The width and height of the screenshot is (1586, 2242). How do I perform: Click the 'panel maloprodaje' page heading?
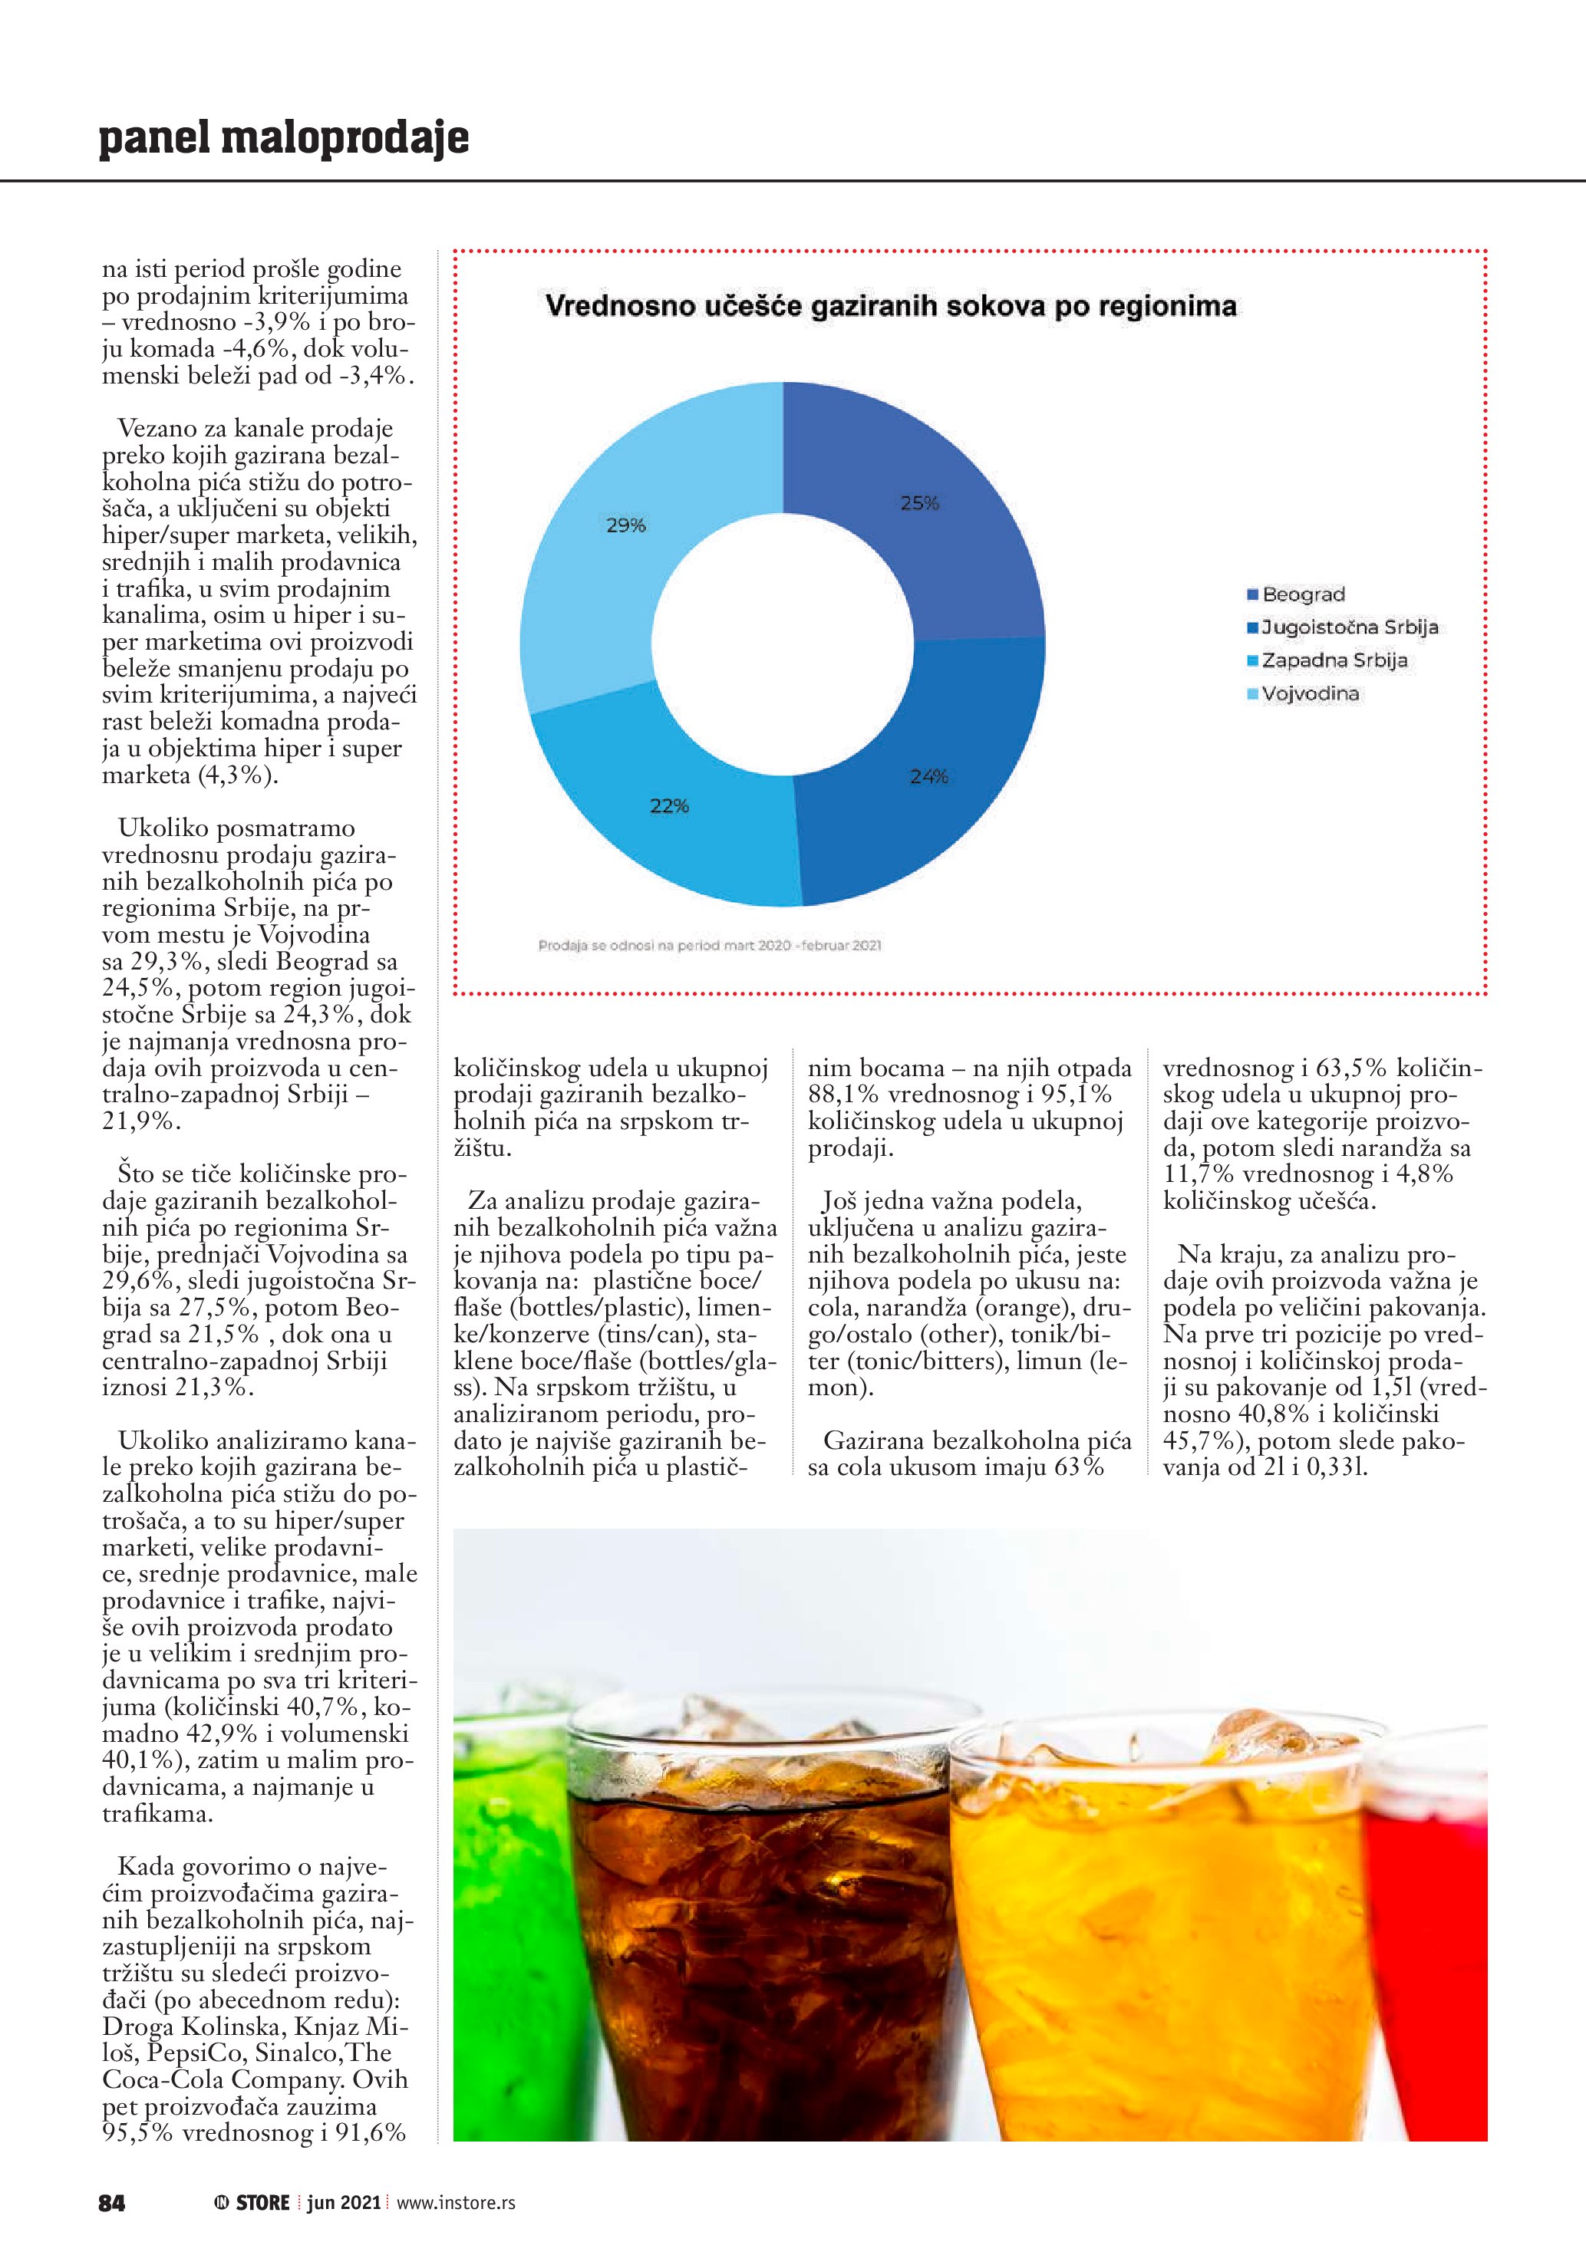(283, 139)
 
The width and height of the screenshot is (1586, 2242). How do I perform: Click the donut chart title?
(890, 307)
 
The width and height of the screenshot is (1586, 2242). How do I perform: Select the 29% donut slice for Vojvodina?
(595, 547)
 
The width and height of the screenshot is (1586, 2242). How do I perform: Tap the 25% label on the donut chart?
(919, 504)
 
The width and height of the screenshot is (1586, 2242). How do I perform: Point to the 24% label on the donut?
(928, 776)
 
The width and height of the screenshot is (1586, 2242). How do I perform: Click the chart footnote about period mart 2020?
(710, 945)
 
